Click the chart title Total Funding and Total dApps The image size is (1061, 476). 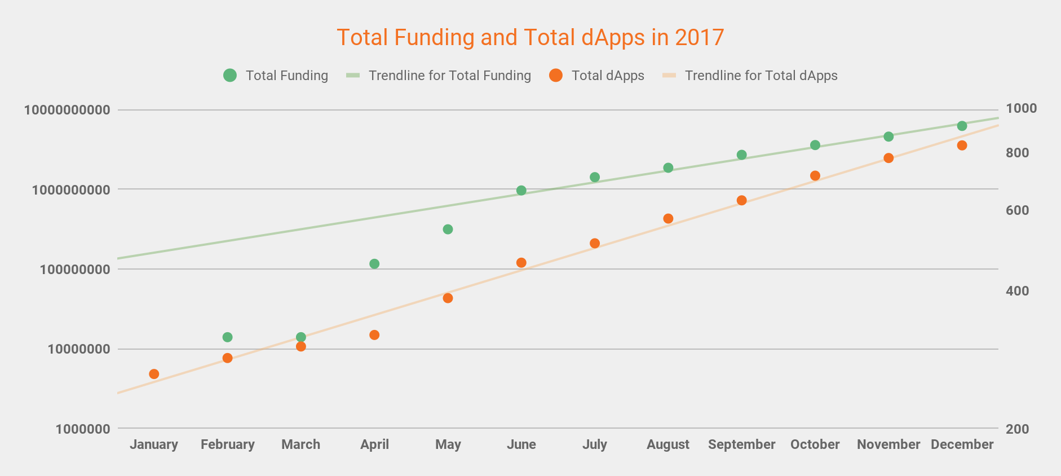click(x=530, y=38)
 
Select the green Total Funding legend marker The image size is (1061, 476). click(x=230, y=76)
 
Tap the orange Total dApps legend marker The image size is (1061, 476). click(x=556, y=76)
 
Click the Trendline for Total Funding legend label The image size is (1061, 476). click(x=449, y=76)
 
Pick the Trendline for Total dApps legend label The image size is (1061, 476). click(x=761, y=76)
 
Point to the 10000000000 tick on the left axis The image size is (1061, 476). click(x=67, y=110)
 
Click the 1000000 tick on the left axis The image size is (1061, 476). click(x=83, y=429)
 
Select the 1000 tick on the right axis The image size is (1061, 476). click(x=1021, y=108)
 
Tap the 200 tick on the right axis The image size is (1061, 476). click(x=1017, y=429)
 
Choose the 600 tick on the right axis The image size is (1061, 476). click(x=1017, y=210)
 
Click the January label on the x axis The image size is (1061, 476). click(x=154, y=444)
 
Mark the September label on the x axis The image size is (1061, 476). click(x=741, y=444)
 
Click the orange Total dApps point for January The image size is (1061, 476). click(x=154, y=374)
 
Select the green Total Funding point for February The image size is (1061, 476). click(x=228, y=337)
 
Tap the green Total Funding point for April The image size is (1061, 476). click(x=374, y=264)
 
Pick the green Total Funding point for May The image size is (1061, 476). click(x=448, y=230)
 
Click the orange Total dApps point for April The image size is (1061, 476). click(x=374, y=335)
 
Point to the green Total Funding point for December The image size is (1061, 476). click(x=962, y=126)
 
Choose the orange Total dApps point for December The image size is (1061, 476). click(x=962, y=146)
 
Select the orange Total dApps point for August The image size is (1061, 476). click(x=668, y=219)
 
